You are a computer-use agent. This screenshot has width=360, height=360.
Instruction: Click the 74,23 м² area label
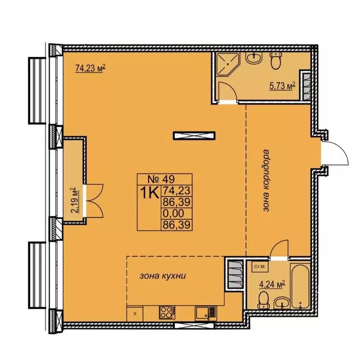[x=90, y=68]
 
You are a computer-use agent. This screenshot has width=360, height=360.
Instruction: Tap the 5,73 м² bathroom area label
[x=282, y=86]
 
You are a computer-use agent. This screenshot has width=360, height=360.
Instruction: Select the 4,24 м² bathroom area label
[x=272, y=284]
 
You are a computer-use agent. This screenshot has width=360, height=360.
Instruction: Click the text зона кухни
[x=163, y=276]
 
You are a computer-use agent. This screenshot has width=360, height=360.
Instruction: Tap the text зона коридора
[x=266, y=180]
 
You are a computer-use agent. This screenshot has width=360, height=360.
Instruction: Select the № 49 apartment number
[x=161, y=179]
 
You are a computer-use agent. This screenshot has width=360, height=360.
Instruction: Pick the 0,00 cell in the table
[x=173, y=214]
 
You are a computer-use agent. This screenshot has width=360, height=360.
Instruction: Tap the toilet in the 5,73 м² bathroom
[x=276, y=60]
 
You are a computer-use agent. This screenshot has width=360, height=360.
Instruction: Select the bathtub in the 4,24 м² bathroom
[x=300, y=286]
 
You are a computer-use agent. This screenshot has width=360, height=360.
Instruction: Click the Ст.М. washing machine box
[x=260, y=267]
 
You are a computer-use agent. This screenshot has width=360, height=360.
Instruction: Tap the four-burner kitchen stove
[x=167, y=313]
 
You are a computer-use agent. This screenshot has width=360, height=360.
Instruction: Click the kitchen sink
[x=205, y=313]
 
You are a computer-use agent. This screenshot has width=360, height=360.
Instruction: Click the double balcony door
[x=95, y=201]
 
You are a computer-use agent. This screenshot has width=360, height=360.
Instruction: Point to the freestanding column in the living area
[x=194, y=135]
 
